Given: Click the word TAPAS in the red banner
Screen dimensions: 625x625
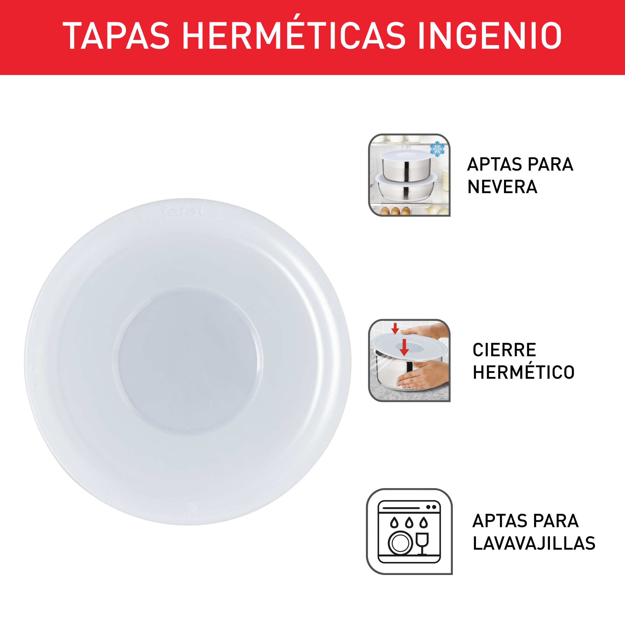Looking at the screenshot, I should (116, 36).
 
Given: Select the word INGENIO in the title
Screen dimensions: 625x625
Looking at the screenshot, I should (490, 36).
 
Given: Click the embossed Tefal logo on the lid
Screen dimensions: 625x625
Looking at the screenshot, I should (182, 212).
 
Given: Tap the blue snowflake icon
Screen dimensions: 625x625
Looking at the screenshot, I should (437, 149).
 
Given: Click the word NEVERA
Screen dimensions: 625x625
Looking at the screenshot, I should (502, 187).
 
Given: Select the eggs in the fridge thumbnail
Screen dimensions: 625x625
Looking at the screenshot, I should (395, 211).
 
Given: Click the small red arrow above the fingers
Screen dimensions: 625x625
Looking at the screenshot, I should (395, 328).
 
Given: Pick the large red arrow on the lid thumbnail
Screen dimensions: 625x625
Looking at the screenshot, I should (404, 347).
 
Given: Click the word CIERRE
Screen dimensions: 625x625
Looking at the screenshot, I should (504, 350).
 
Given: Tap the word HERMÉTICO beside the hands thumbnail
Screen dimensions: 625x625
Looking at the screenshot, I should (523, 372).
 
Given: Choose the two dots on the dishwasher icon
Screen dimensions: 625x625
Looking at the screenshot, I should (432, 507).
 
